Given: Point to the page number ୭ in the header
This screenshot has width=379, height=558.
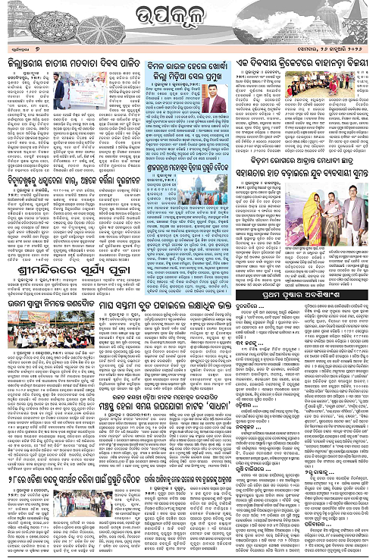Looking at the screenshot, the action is tap(42, 46).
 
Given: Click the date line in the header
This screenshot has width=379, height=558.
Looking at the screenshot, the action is tap(337, 47).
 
